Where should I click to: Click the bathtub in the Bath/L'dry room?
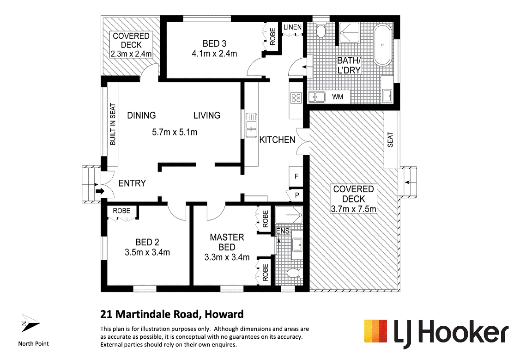click(383, 45)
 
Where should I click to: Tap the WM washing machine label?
click(338, 97)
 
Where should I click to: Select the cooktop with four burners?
click(296, 98)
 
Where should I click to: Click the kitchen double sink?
click(251, 125)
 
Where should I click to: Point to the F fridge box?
click(296, 177)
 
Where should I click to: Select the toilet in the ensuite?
click(292, 274)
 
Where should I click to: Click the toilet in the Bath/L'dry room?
click(321, 31)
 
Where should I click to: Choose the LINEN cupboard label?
click(292, 27)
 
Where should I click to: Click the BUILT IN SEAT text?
click(113, 124)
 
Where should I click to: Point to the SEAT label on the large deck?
click(390, 140)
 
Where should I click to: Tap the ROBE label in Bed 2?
click(121, 211)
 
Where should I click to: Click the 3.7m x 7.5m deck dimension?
click(354, 209)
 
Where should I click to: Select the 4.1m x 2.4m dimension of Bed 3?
click(214, 54)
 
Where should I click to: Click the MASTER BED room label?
click(227, 242)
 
